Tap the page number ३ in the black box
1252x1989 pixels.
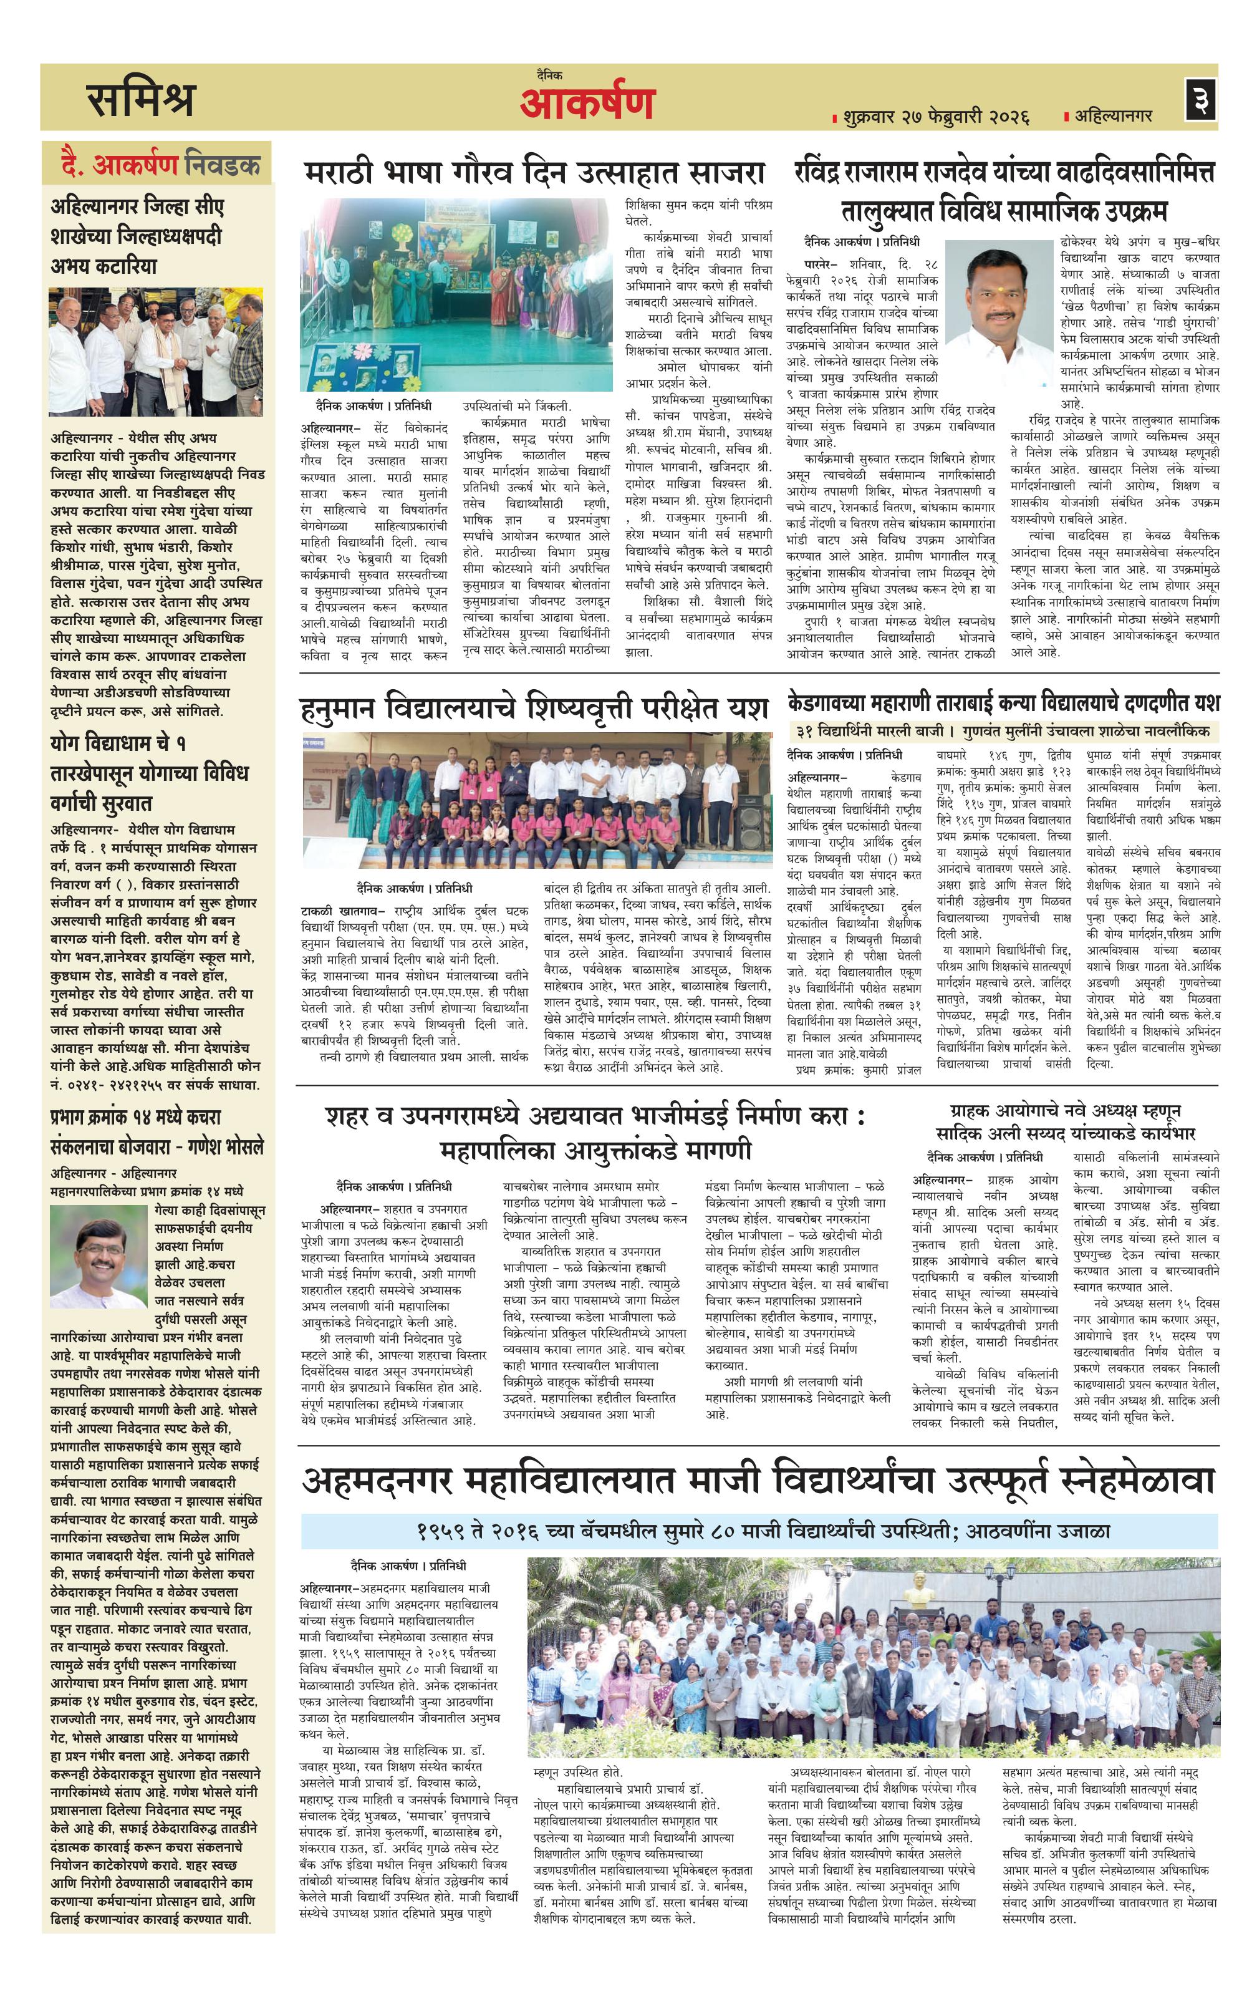pos(1199,100)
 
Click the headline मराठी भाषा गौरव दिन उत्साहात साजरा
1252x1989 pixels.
pos(534,173)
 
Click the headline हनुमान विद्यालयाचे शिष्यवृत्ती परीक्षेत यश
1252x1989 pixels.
pos(534,708)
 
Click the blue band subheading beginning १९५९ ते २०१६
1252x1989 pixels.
pos(759,1531)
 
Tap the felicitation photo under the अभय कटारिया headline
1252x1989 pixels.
pos(156,351)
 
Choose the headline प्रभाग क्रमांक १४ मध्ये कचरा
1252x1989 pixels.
pos(135,1118)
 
